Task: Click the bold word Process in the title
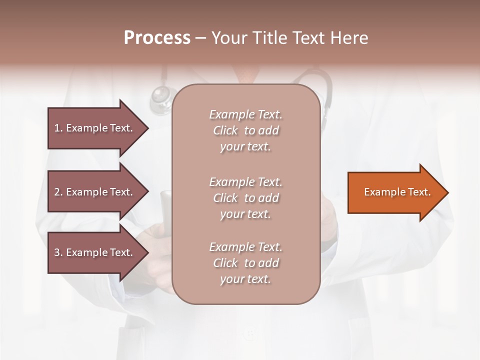click(x=157, y=38)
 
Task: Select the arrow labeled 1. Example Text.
click(x=95, y=128)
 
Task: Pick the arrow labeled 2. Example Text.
click(x=95, y=192)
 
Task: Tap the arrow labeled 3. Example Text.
click(x=95, y=252)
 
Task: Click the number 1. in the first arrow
click(x=58, y=128)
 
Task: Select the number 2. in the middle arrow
click(x=58, y=192)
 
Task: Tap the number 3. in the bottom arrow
click(x=58, y=252)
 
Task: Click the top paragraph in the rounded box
click(x=245, y=130)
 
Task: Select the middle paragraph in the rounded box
click(x=245, y=198)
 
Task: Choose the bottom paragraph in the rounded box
click(x=245, y=263)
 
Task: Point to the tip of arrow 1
click(x=147, y=128)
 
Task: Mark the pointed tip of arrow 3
click(x=147, y=252)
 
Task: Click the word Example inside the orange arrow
click(x=380, y=192)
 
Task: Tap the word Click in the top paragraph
click(x=225, y=130)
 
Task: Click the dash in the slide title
click(x=200, y=38)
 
